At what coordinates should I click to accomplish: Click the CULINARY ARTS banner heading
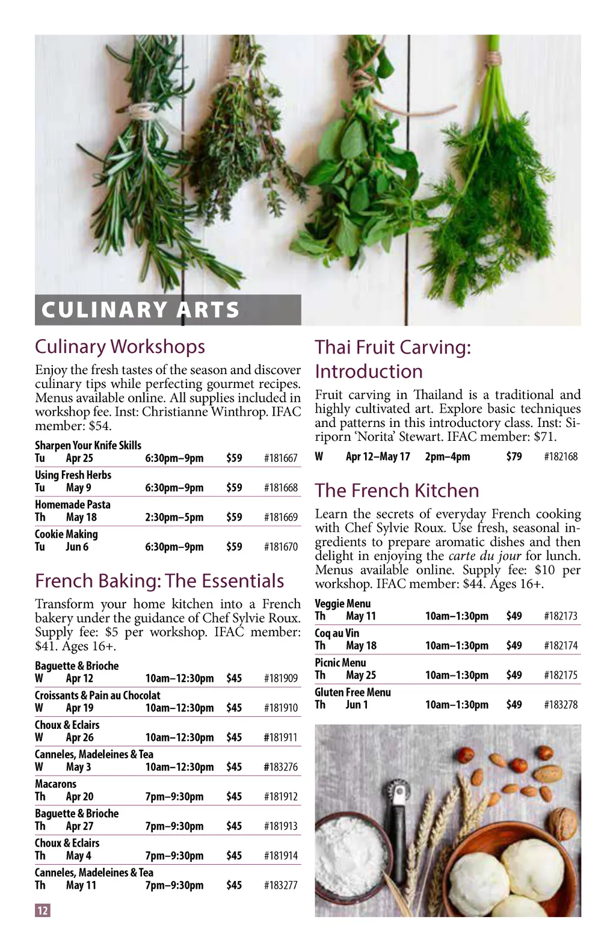click(140, 310)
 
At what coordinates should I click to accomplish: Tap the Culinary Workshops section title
click(120, 346)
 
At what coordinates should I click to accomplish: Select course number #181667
click(280, 458)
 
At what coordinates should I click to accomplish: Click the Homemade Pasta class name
click(72, 505)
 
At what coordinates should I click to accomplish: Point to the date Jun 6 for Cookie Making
click(77, 547)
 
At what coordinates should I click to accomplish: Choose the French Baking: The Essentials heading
click(159, 581)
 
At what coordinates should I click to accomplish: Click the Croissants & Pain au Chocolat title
click(97, 695)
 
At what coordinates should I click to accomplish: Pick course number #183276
click(280, 767)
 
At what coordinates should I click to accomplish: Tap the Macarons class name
click(55, 784)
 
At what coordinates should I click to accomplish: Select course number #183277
click(280, 885)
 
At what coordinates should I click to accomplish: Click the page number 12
click(42, 911)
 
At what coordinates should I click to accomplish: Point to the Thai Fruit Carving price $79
click(514, 456)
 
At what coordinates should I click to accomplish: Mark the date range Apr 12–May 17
click(378, 456)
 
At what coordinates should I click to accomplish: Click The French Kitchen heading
click(397, 491)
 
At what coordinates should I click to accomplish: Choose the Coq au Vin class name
click(337, 633)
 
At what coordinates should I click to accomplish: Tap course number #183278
click(561, 704)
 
